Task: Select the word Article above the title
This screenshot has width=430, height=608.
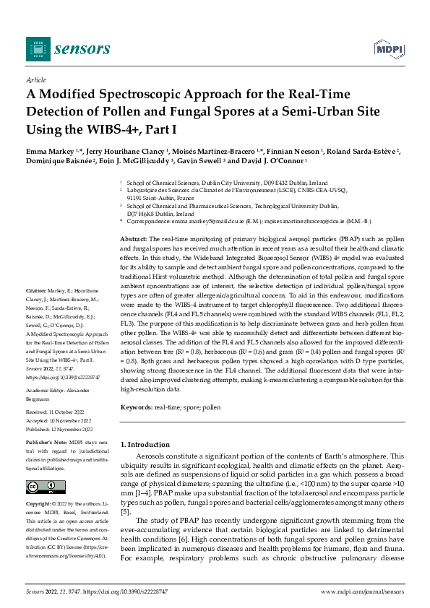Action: pyautogui.click(x=35, y=79)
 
